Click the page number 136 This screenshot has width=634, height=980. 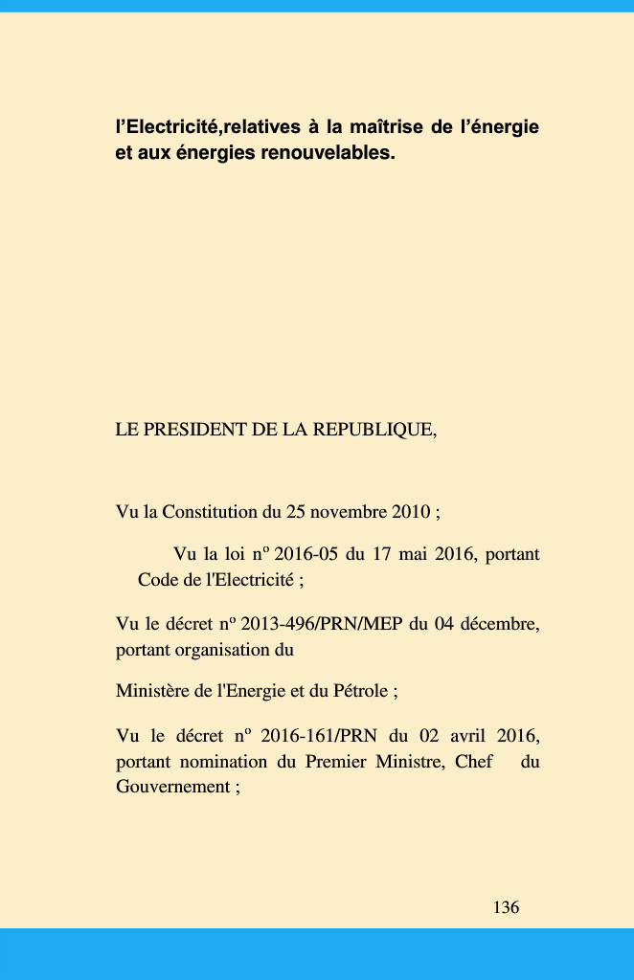point(507,907)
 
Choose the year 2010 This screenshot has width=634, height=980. point(411,512)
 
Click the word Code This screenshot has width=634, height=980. point(156,579)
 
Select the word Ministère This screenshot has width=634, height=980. point(153,690)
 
